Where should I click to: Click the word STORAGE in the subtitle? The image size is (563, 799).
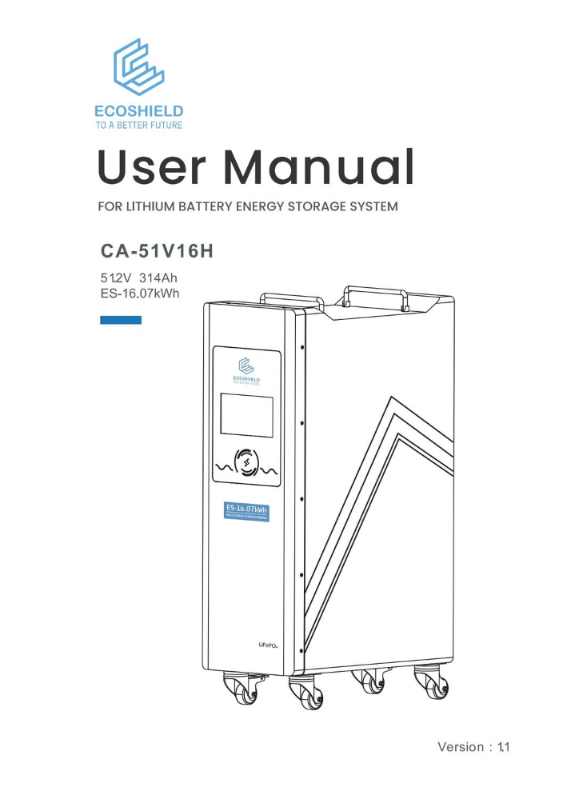point(325,207)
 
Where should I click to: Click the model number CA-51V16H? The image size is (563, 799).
point(156,252)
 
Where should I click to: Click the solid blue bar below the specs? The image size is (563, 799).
point(121,320)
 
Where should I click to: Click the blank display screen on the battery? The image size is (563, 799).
point(246,415)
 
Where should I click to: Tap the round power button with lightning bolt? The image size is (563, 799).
point(246,463)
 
